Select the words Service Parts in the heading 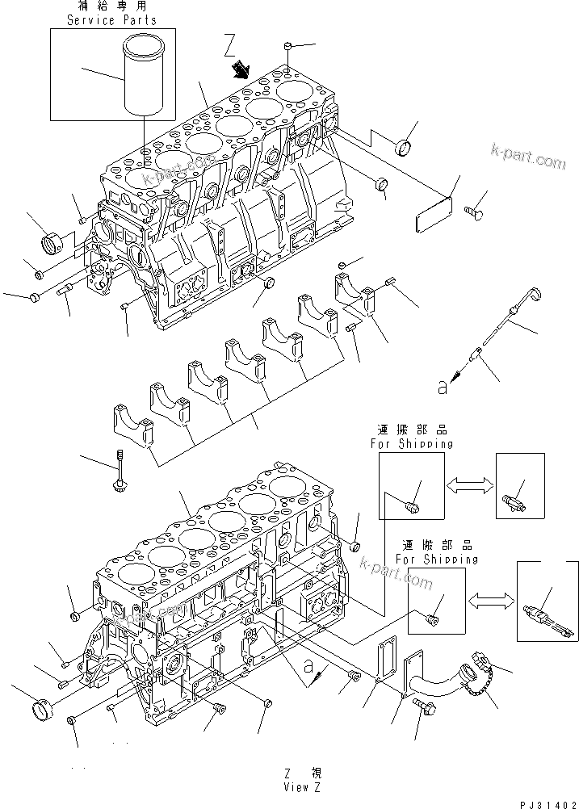(101, 19)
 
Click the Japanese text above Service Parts (102, 6)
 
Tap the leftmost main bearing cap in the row (132, 425)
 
